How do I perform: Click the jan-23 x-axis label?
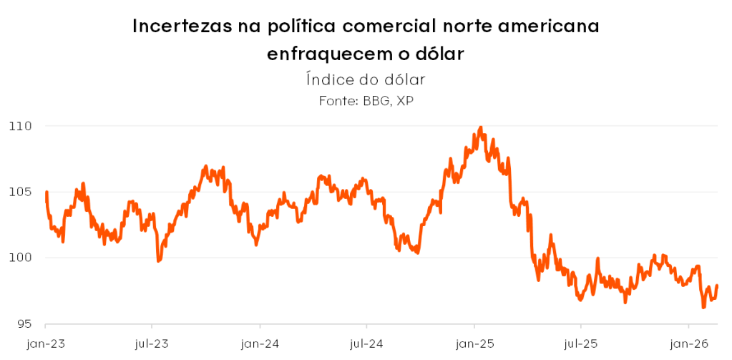click(46, 344)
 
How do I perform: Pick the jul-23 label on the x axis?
click(152, 344)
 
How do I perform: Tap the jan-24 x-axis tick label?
click(259, 344)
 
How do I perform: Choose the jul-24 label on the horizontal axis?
click(366, 344)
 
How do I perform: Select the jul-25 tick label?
click(580, 344)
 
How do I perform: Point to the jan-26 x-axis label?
click(688, 344)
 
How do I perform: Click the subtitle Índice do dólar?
click(366, 79)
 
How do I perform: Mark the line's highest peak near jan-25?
click(480, 127)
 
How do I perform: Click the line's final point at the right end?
click(717, 286)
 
